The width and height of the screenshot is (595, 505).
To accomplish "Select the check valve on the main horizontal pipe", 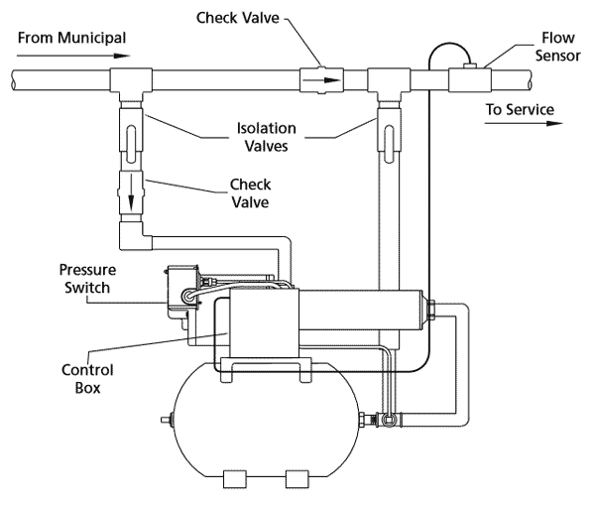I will [x=320, y=79].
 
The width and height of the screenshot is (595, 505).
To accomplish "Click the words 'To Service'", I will [x=521, y=108].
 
